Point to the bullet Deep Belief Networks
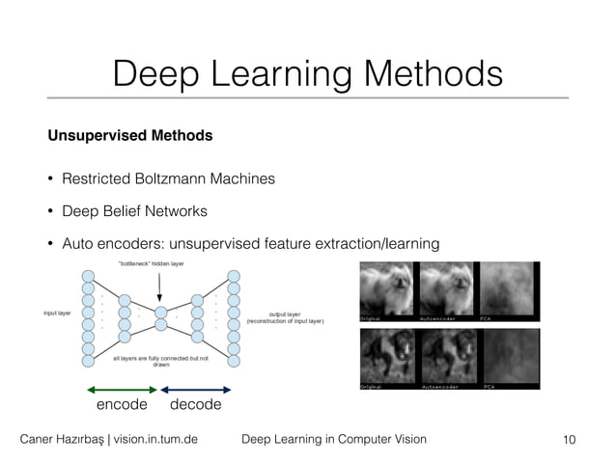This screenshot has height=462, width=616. click(134, 210)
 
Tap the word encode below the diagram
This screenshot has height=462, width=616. click(122, 405)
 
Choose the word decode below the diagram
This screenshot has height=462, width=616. click(195, 405)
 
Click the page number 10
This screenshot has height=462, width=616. click(569, 440)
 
